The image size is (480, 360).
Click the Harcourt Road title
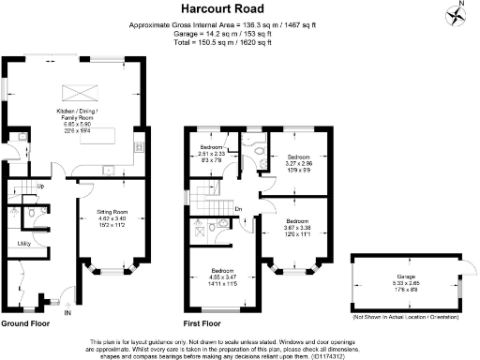tap(239, 9)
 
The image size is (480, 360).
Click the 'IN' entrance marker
tap(67, 313)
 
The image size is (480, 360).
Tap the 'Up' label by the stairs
tap(40, 187)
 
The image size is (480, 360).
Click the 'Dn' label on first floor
tap(239, 208)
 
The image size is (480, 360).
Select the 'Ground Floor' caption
tap(25, 323)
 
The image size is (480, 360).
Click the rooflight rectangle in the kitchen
tap(74, 91)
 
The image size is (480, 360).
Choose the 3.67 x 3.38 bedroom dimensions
tap(299, 228)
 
